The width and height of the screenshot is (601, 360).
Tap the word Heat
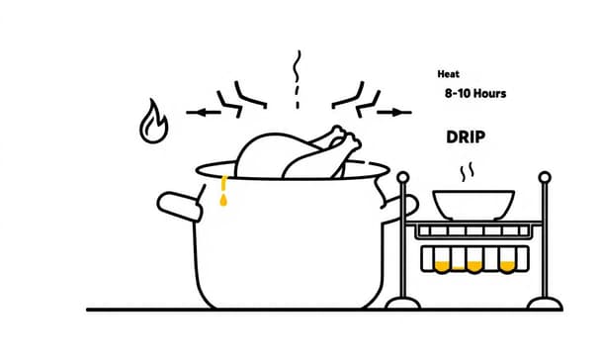pos(448,74)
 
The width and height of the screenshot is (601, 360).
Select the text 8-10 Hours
pos(475,93)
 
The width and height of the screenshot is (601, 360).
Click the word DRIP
pos(466,136)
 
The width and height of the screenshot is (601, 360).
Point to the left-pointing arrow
pos(204,113)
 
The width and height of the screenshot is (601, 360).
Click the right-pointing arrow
pos(394,113)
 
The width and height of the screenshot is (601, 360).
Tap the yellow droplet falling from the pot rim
pos(223,200)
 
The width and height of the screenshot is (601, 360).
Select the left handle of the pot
pos(179,207)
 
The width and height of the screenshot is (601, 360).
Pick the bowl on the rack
pos(473,205)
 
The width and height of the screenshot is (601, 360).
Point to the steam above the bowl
pos(467,172)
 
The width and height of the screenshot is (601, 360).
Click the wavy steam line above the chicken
pos(297,66)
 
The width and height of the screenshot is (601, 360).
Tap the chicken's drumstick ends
pos(347,137)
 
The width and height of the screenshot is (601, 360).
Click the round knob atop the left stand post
pos(403,177)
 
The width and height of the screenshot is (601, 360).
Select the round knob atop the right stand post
pos(545,177)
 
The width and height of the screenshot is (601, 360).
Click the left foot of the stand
pos(403,303)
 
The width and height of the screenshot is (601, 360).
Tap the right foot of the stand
pos(545,303)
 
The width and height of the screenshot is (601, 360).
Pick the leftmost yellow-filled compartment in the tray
pos(442,266)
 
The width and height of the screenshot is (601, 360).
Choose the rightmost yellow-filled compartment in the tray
pos(507,266)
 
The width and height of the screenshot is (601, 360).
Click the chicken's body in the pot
pos(268,155)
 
